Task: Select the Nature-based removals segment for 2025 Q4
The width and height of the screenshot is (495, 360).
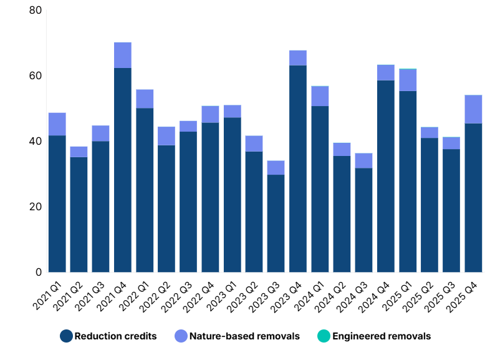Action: [x=473, y=109]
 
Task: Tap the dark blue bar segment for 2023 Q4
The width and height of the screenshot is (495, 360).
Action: [x=298, y=168]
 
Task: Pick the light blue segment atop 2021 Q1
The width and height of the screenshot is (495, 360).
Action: [x=57, y=124]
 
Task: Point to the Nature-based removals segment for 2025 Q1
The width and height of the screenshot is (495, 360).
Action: [x=408, y=80]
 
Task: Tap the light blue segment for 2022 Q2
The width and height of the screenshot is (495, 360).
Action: [x=166, y=136]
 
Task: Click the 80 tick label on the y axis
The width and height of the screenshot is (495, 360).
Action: [x=35, y=11]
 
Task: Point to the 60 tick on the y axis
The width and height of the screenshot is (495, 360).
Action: [x=35, y=76]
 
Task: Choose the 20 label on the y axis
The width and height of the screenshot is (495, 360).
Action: [x=35, y=207]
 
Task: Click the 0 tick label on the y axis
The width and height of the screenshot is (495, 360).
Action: [x=38, y=272]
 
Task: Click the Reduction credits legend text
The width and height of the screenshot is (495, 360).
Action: [x=115, y=336]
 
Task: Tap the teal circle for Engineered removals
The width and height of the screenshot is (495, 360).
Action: [x=324, y=336]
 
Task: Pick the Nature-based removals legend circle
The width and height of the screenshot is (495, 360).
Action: [x=181, y=336]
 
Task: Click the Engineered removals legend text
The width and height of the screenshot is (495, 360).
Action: [x=382, y=336]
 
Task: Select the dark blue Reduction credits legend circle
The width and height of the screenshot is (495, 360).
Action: [x=67, y=336]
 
